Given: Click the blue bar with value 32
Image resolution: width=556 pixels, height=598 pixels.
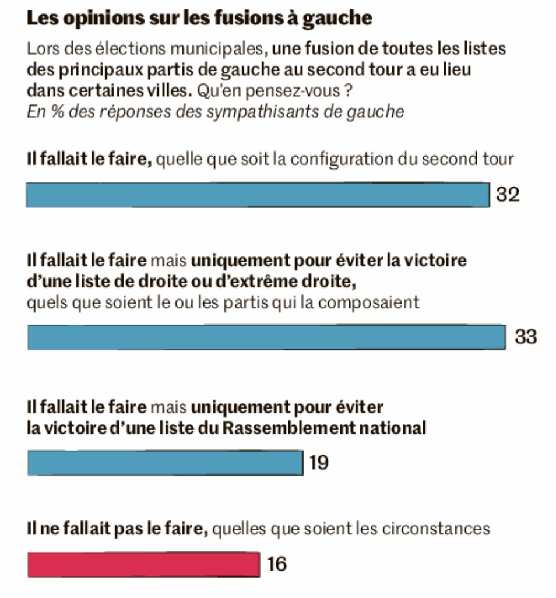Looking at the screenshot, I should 257,195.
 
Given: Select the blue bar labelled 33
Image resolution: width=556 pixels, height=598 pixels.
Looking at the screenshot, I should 266,337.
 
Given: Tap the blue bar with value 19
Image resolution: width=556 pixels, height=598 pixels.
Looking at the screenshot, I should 165,463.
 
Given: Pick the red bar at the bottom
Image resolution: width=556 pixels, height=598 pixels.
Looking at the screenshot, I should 143,564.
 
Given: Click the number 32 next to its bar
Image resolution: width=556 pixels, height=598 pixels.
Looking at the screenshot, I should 507,195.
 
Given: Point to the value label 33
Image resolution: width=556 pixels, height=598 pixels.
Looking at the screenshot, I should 525,337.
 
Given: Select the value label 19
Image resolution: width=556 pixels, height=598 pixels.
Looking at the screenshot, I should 319,463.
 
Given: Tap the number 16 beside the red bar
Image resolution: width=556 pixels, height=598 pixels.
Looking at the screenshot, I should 277,564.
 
